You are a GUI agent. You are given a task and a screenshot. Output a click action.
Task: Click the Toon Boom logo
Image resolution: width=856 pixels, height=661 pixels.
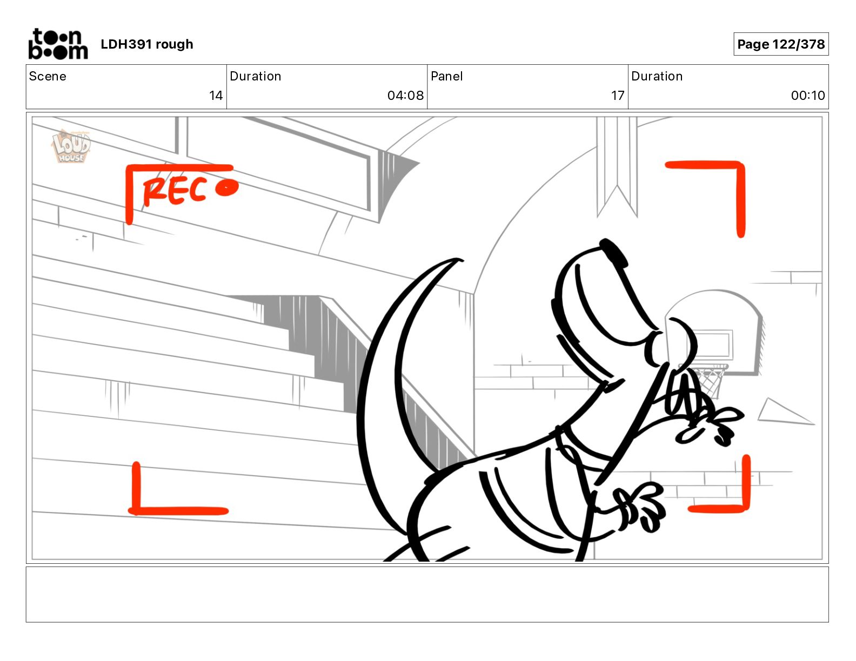(x=58, y=44)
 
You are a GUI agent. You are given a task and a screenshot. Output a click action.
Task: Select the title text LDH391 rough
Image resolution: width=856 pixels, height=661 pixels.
(x=147, y=44)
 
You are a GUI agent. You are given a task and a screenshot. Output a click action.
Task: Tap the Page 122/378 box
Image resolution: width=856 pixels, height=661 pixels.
(x=781, y=44)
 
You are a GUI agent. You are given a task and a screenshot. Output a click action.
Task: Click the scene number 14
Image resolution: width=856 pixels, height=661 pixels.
(x=216, y=95)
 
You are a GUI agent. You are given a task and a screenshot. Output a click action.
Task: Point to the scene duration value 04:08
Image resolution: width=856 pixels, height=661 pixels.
(x=405, y=95)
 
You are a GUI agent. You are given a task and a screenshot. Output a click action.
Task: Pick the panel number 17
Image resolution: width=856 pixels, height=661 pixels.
(x=618, y=95)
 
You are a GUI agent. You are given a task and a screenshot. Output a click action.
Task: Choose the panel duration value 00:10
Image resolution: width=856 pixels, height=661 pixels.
(x=808, y=95)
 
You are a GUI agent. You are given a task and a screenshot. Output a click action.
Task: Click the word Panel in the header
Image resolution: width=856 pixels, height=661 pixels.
(x=447, y=76)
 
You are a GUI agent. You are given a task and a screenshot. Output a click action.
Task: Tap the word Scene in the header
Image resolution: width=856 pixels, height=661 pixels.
(x=48, y=76)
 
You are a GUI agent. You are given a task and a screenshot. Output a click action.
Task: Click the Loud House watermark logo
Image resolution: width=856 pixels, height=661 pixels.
(x=71, y=146)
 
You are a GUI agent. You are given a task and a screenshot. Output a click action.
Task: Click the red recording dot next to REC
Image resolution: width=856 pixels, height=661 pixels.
(x=227, y=187)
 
